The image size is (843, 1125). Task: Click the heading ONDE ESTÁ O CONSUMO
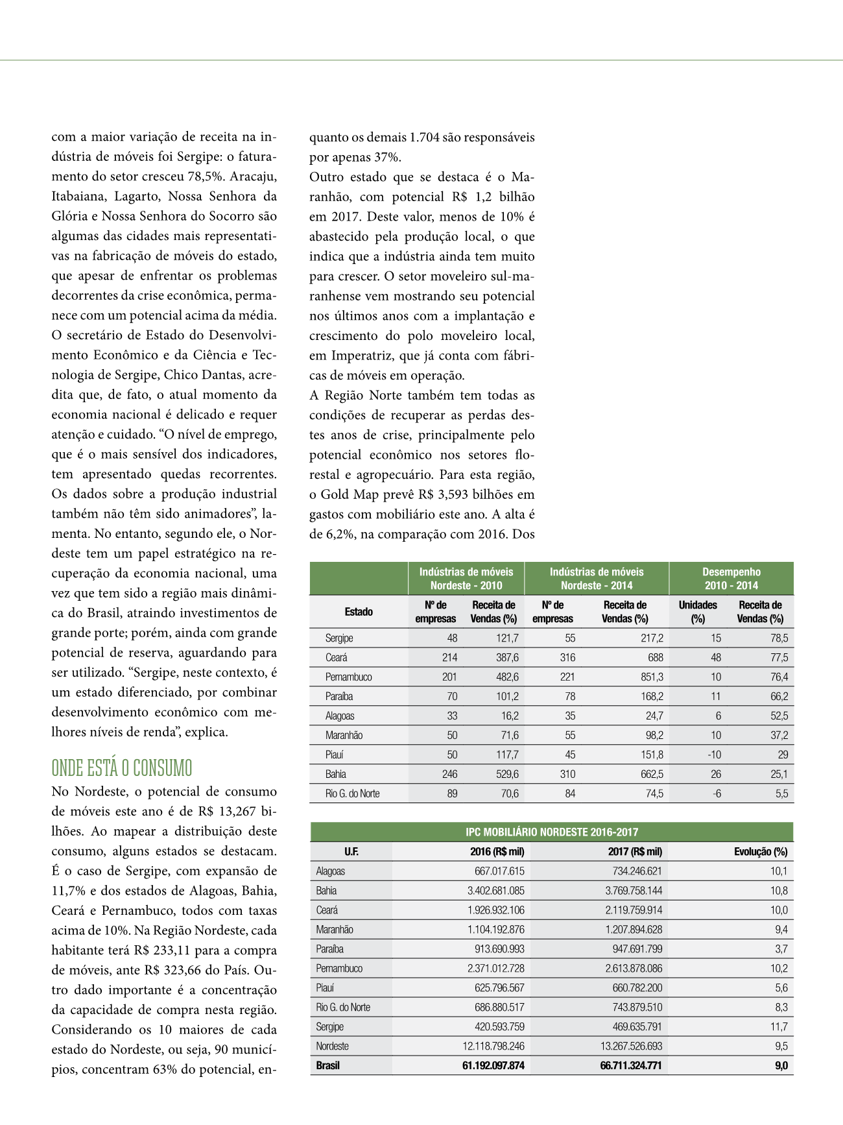click(122, 768)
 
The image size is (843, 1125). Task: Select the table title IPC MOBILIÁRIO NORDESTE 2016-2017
click(552, 832)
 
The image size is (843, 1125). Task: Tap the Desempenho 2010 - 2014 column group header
click(731, 579)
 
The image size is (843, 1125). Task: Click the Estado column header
click(359, 612)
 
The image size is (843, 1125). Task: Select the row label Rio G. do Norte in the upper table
click(353, 793)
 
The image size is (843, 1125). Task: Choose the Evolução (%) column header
click(761, 852)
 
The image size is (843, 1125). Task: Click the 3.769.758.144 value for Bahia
click(634, 891)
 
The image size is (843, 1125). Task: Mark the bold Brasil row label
click(328, 1065)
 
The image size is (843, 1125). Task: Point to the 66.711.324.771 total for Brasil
click(630, 1065)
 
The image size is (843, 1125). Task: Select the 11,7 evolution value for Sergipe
click(779, 1026)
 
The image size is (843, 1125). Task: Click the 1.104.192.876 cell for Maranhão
click(495, 930)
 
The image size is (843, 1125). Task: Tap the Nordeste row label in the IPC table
click(333, 1046)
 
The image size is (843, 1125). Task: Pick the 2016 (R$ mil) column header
click(497, 852)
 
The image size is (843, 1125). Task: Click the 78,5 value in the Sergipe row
click(779, 638)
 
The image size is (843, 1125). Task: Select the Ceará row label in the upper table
click(337, 657)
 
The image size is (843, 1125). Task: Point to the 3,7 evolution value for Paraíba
click(781, 949)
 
